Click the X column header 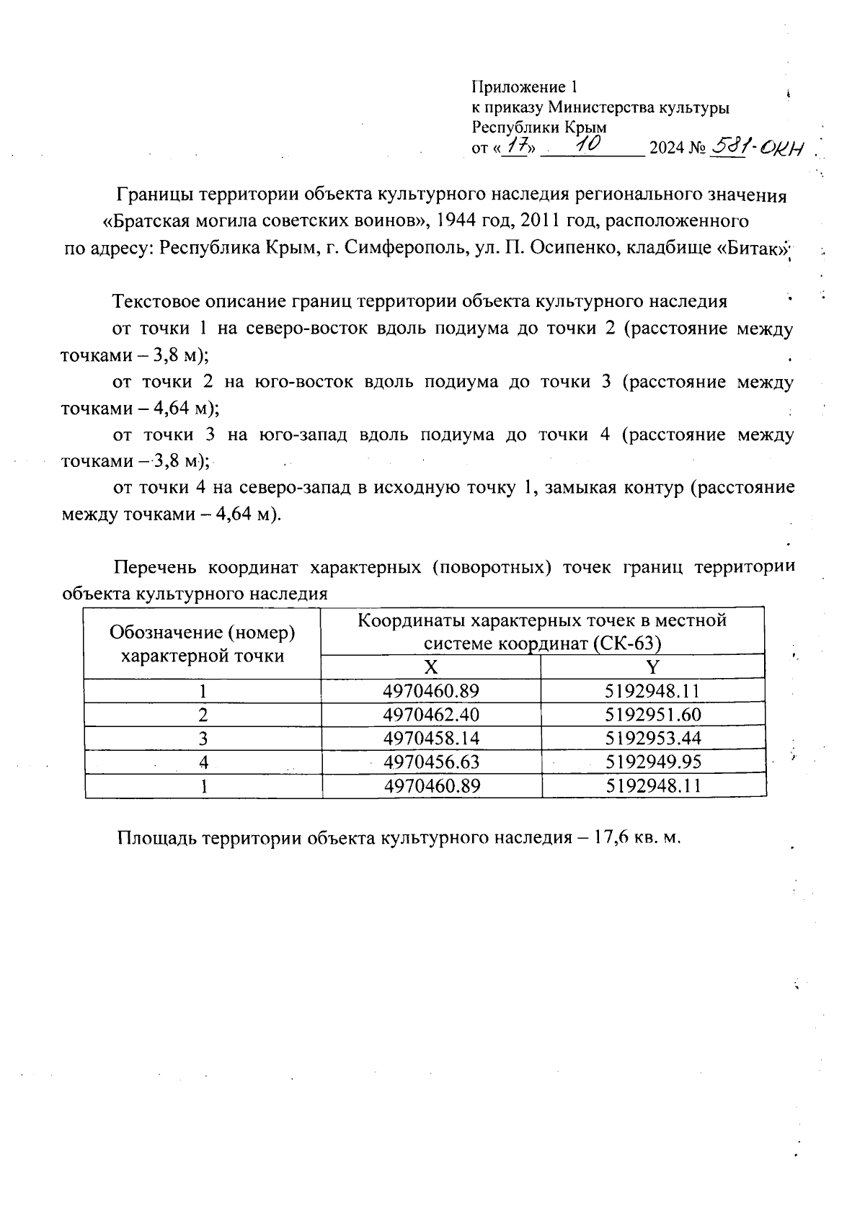pyautogui.click(x=430, y=667)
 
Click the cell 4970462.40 pyautogui.click(x=431, y=715)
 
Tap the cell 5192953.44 pyautogui.click(x=653, y=739)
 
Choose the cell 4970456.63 pyautogui.click(x=431, y=762)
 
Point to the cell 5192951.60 pyautogui.click(x=653, y=715)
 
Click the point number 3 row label pyautogui.click(x=203, y=739)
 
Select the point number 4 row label pyautogui.click(x=203, y=762)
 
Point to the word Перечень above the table pyautogui.click(x=155, y=568)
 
